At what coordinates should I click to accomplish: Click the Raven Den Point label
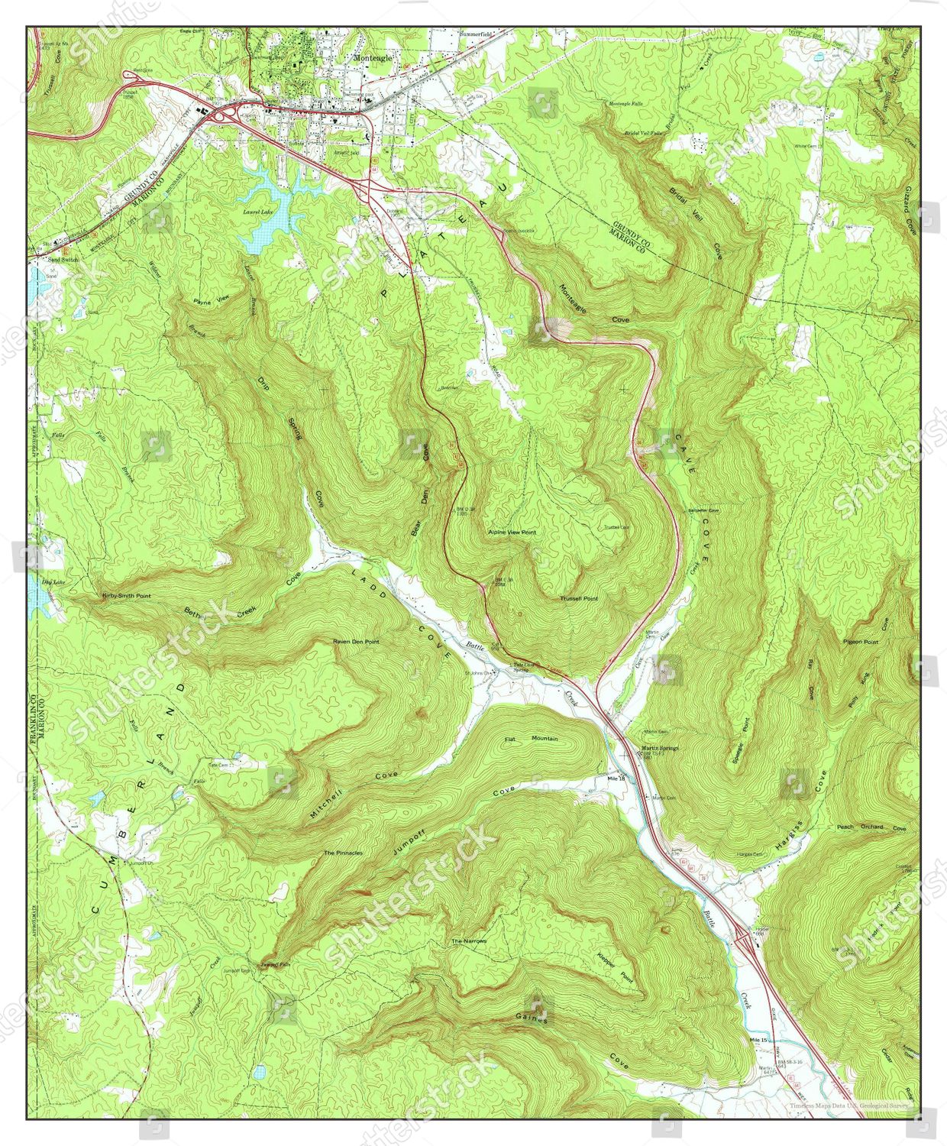(356, 642)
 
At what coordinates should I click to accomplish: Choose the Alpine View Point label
(512, 532)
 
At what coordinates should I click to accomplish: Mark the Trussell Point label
(578, 598)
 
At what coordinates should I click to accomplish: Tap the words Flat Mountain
(532, 739)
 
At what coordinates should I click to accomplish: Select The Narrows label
(469, 940)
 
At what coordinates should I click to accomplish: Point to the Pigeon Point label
(861, 642)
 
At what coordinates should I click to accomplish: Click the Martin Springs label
(659, 747)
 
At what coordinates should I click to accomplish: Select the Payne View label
(211, 301)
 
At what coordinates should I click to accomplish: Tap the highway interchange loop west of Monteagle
(221, 115)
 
